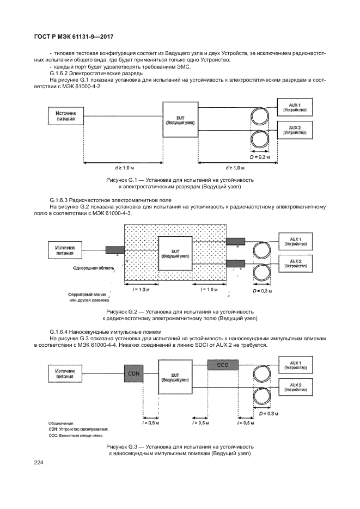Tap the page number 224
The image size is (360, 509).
point(39,463)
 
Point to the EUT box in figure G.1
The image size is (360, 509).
point(180,120)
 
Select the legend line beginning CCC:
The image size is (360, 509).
point(70,436)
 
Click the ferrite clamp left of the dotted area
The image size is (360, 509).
point(114,250)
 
